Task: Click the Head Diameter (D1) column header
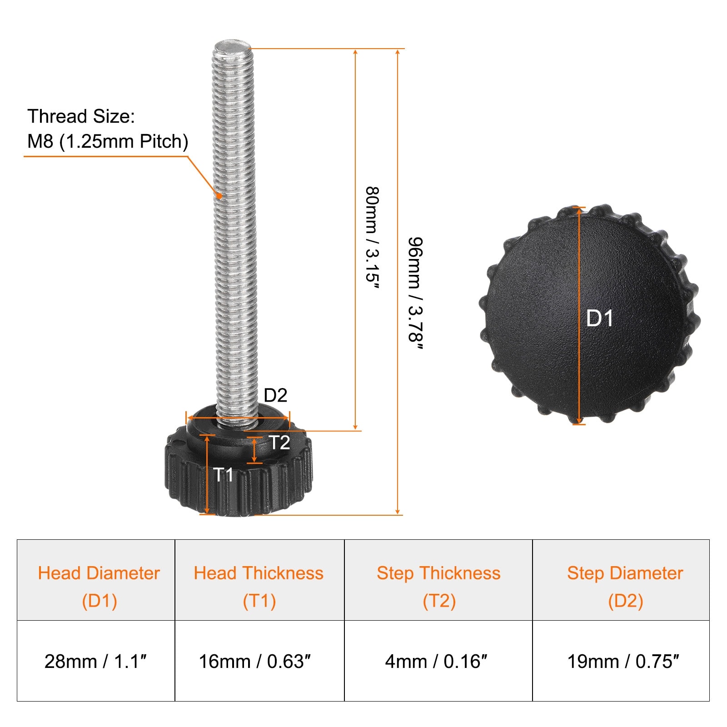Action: click(x=96, y=580)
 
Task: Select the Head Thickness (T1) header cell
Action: click(x=259, y=580)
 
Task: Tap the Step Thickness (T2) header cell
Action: click(x=438, y=580)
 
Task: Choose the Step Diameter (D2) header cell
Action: click(x=621, y=580)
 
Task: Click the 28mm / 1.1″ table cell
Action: click(x=96, y=661)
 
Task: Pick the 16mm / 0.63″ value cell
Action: click(x=259, y=661)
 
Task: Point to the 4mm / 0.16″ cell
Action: click(x=438, y=661)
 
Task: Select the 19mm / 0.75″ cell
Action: click(x=621, y=661)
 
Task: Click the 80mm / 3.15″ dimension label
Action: click(x=373, y=237)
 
